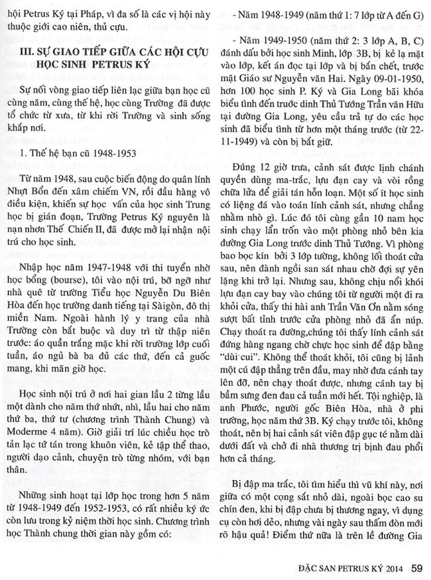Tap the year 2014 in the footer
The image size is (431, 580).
(393, 568)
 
